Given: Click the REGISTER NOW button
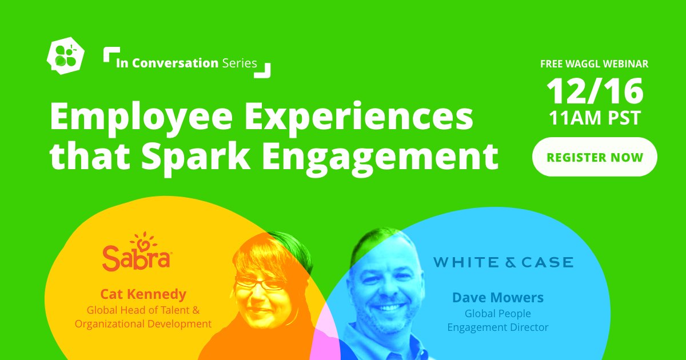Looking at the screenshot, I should (595, 157).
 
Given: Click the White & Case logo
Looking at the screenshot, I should (503, 262).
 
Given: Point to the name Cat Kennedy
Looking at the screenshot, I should (143, 294).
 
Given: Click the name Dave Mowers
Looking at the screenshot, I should (497, 297).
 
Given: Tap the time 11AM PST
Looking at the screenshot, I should (595, 119).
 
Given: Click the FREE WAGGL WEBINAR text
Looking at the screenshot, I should (595, 64).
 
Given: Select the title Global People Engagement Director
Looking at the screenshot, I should (497, 321).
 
